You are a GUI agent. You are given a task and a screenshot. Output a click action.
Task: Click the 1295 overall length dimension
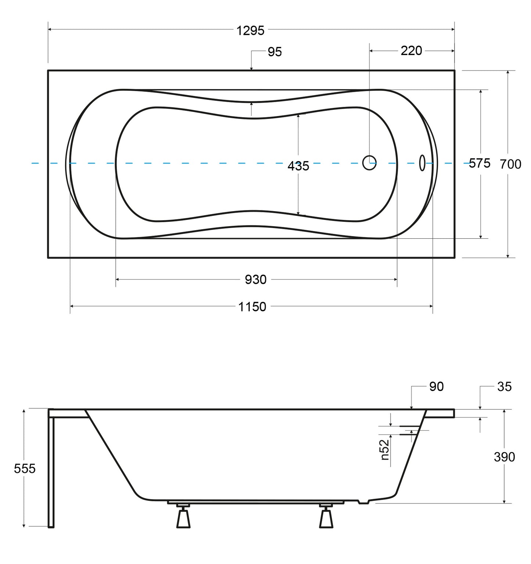[250, 30]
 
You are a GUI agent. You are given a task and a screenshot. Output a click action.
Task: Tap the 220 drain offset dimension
[411, 51]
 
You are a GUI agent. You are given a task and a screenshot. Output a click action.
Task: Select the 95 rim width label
[275, 52]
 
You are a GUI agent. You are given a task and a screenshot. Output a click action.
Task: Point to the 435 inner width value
[298, 166]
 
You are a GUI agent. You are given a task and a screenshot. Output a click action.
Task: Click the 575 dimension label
[480, 163]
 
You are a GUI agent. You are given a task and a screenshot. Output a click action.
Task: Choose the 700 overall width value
[510, 164]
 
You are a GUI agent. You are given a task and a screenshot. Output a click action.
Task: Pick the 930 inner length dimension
[256, 280]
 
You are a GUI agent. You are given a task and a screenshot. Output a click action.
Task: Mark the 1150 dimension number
[252, 307]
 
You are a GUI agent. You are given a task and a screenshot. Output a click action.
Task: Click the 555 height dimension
[25, 469]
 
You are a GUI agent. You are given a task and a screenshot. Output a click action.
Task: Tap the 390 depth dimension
[504, 457]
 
